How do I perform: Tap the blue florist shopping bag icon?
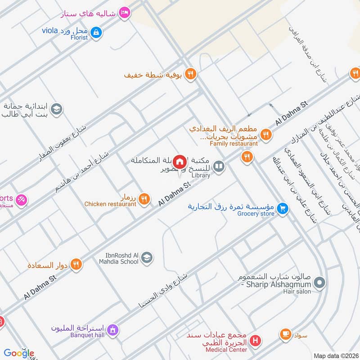click(96, 32)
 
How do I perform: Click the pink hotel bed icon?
click(125, 13)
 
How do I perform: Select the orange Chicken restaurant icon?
click(144, 198)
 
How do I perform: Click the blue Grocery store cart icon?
click(282, 208)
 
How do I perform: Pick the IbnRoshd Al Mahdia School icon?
click(147, 258)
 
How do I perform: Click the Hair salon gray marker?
click(319, 283)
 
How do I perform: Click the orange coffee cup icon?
click(285, 334)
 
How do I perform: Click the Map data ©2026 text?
click(335, 355)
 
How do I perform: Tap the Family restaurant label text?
click(234, 144)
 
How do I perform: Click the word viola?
click(50, 31)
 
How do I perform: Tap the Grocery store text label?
click(256, 214)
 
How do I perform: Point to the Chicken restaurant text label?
click(110, 204)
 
